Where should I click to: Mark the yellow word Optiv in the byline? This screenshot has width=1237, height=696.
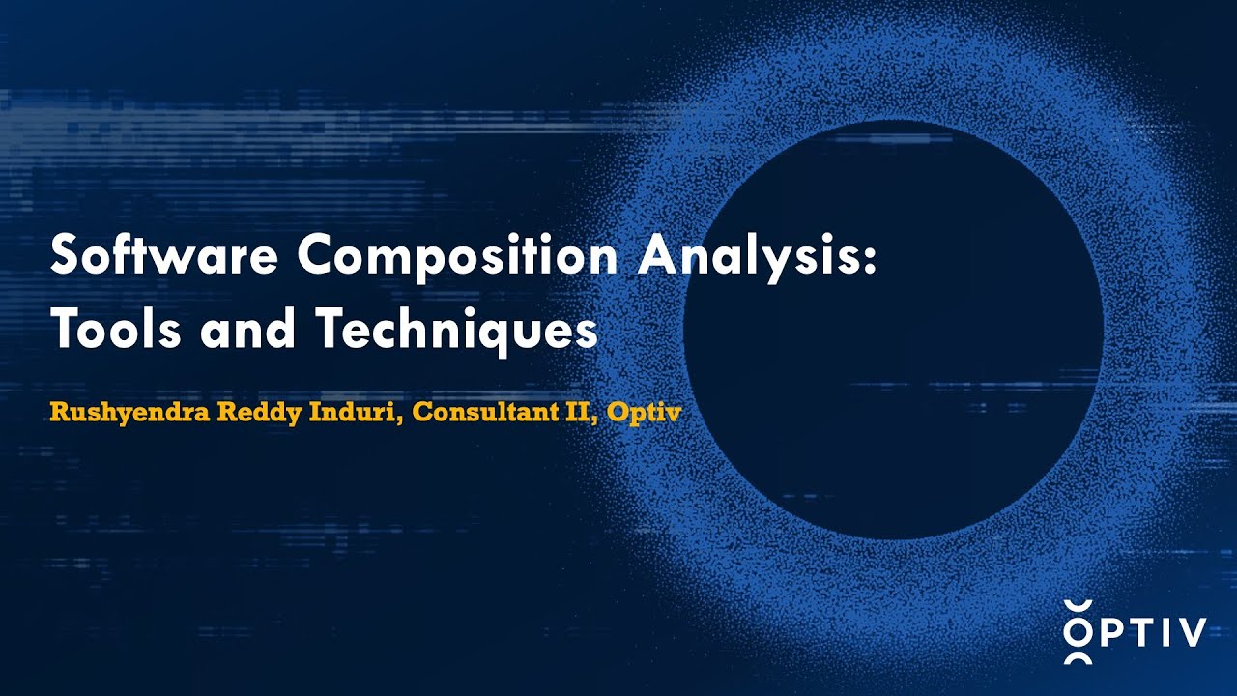pos(642,414)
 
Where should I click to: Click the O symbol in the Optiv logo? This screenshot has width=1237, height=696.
pos(1079,632)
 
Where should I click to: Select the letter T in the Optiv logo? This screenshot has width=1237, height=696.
pos(1140,632)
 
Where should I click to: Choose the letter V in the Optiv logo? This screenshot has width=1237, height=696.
pos(1192,632)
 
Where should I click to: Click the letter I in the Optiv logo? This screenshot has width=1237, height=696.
pos(1165,632)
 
